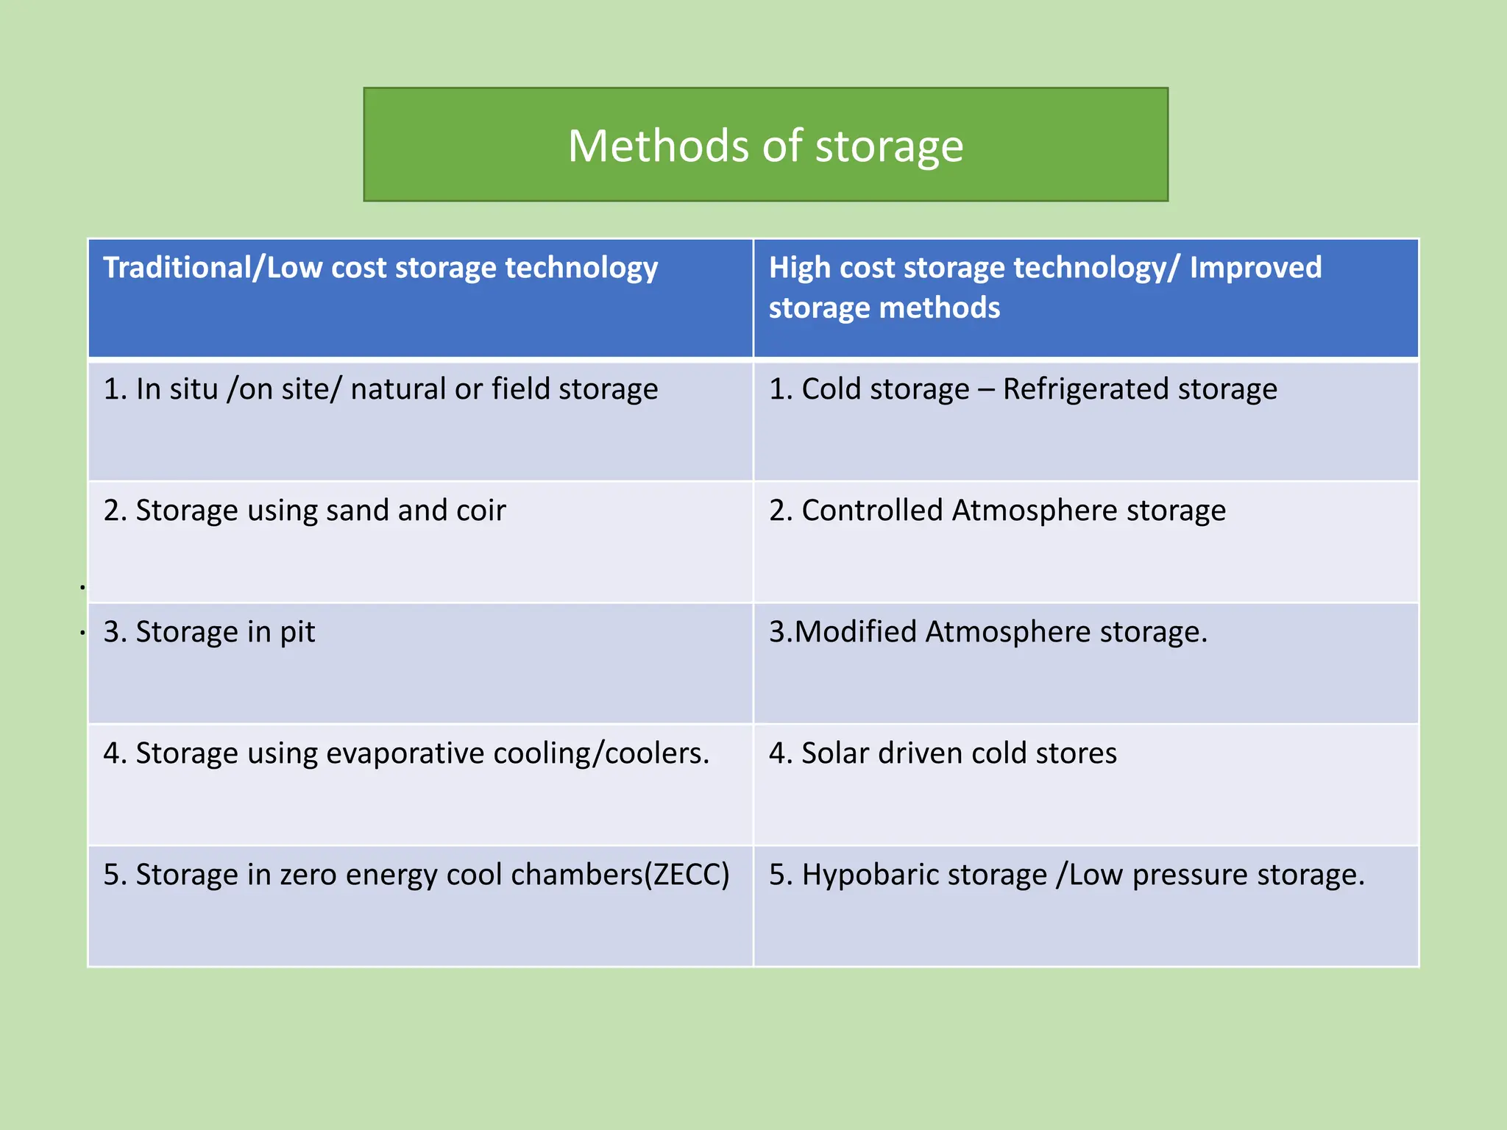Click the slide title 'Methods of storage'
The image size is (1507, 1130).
point(765,146)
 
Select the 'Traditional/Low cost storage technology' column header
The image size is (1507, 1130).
point(380,268)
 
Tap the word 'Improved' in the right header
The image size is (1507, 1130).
point(1255,268)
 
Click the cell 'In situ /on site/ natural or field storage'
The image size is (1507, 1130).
point(380,389)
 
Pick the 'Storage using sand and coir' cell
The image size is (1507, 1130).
point(305,511)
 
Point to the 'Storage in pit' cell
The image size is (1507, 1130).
point(210,632)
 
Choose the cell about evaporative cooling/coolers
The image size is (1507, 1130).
point(406,753)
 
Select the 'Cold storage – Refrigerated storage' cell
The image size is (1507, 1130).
point(1023,389)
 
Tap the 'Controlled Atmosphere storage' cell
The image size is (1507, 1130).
point(997,511)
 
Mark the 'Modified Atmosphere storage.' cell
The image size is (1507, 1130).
point(988,632)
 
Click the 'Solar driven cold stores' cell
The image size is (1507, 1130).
point(943,753)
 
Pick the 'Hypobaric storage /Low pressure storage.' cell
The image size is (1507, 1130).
point(1066,875)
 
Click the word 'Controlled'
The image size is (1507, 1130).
point(872,511)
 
